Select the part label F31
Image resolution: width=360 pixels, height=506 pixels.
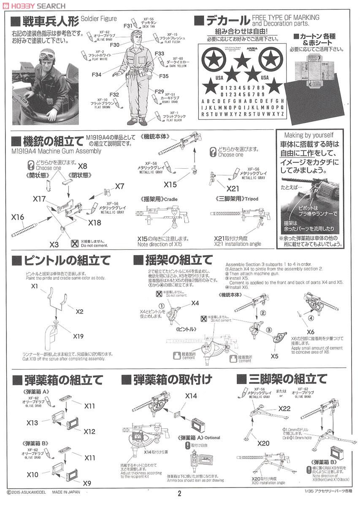[x=128, y=26]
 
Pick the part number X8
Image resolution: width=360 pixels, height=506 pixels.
[x=83, y=166]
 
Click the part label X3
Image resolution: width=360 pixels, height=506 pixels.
[x=54, y=245]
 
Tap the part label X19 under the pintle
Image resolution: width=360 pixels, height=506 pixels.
[x=78, y=336]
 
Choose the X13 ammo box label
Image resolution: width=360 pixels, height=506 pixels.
[x=32, y=423]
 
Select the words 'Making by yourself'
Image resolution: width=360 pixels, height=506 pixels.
[x=309, y=135]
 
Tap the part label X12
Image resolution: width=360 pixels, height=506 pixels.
[x=89, y=432]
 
